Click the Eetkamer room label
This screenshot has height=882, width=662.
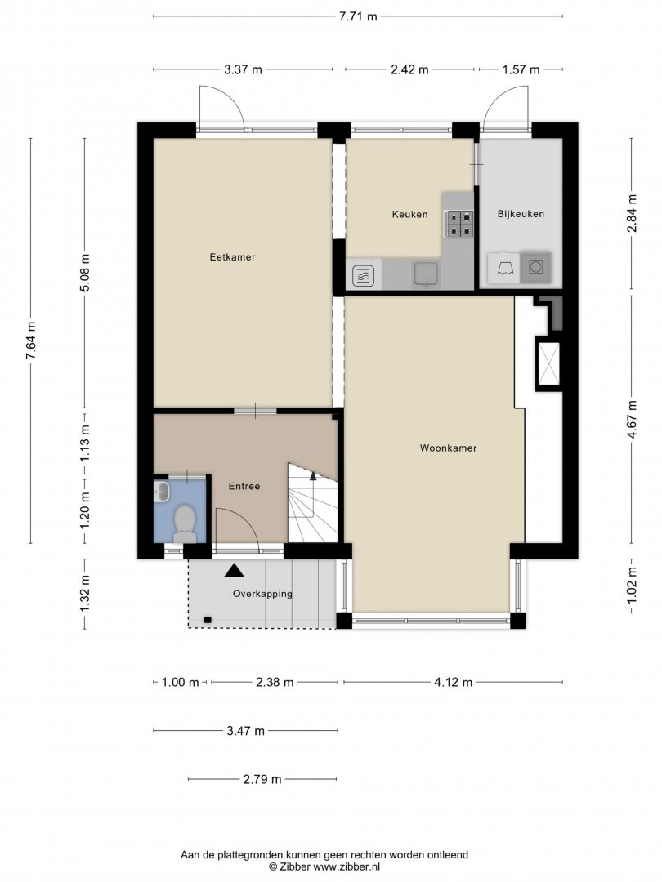(x=232, y=257)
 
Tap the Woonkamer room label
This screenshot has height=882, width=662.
(x=448, y=448)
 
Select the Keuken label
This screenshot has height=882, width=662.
(x=409, y=214)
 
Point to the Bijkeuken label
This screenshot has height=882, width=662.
(x=521, y=214)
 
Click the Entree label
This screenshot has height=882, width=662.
(x=244, y=486)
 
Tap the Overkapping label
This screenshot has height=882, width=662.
(x=262, y=594)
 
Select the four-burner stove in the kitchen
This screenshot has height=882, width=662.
(x=458, y=223)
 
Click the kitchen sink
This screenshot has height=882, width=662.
(x=427, y=274)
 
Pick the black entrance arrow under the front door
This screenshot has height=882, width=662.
(x=235, y=571)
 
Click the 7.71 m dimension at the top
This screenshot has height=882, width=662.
(x=358, y=16)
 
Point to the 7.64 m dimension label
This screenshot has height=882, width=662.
(x=31, y=340)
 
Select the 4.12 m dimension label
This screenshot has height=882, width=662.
(x=453, y=682)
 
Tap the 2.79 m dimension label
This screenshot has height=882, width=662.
(x=262, y=779)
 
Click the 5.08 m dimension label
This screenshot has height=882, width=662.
(x=84, y=272)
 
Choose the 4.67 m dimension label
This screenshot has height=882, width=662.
(x=632, y=420)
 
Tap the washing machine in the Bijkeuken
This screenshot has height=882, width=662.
(x=535, y=266)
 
